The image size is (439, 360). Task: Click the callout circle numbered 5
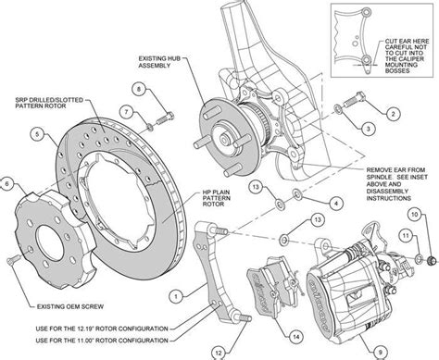tap(36, 135)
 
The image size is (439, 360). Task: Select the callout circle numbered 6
tap(8, 184)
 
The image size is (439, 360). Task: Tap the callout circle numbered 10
tap(413, 214)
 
